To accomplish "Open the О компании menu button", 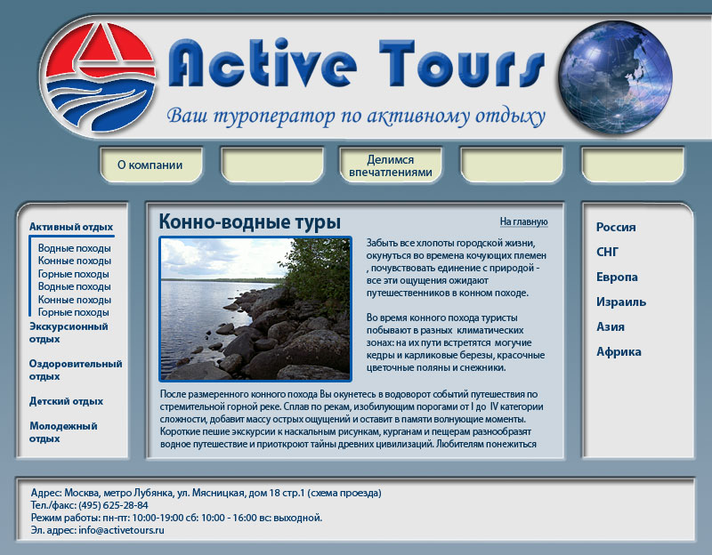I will (150, 165).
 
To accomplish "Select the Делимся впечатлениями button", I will (391, 165).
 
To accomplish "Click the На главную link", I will (523, 221).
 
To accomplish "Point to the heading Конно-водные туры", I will (249, 221).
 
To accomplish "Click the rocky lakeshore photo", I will (256, 309).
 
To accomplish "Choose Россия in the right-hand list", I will (616, 227).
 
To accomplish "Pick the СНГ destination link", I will (607, 252).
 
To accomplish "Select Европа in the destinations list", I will (617, 277).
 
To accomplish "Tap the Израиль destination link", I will (621, 302).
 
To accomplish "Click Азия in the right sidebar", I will (611, 326).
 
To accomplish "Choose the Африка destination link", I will (619, 351).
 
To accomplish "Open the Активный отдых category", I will (71, 227).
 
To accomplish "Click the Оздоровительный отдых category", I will (75, 369).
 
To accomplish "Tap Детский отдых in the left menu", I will (66, 401).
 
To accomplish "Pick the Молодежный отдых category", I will (62, 431).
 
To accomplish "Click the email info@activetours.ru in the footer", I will (122, 530).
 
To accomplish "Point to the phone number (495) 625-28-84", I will (113, 505).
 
